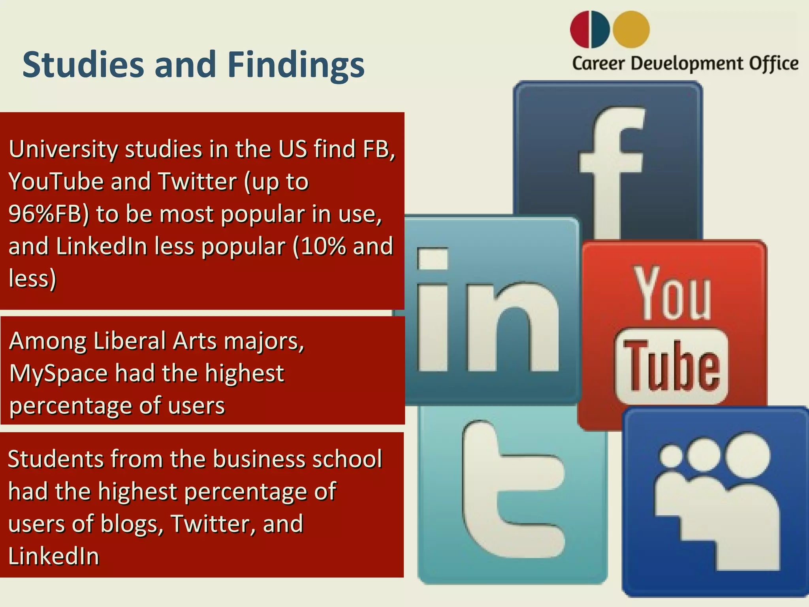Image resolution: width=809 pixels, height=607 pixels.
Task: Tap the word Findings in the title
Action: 296,65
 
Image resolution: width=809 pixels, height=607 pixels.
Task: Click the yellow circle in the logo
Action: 631,29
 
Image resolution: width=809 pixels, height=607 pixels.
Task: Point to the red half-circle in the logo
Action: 579,29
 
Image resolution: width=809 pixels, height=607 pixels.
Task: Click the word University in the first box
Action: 63,149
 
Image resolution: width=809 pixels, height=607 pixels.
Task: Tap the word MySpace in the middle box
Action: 58,373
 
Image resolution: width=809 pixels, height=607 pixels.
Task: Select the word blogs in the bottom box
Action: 131,524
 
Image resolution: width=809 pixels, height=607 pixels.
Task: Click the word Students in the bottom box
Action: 55,459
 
